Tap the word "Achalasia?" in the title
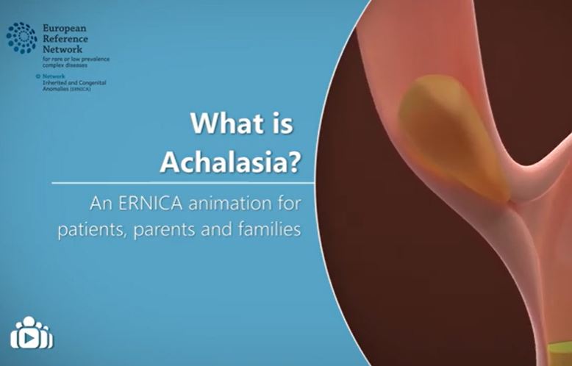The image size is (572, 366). pos(230,159)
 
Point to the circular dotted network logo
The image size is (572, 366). pos(21,37)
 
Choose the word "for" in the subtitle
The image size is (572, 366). pos(289,200)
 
